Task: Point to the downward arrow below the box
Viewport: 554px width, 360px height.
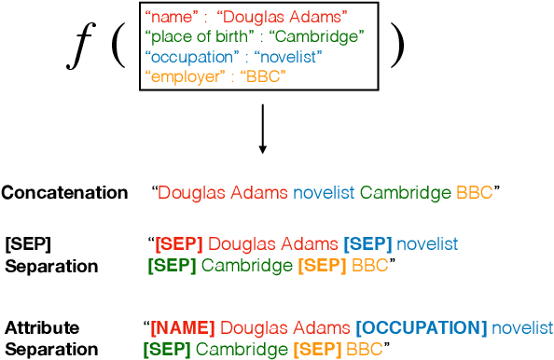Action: pyautogui.click(x=262, y=131)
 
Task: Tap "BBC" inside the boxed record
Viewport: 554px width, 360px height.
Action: pyautogui.click(x=264, y=76)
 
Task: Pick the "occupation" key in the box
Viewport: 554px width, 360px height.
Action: pyautogui.click(x=187, y=57)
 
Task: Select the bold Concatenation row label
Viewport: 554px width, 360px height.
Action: pyautogui.click(x=64, y=193)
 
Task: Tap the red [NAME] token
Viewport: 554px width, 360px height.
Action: pyautogui.click(x=183, y=328)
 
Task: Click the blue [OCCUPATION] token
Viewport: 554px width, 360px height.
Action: pyautogui.click(x=421, y=328)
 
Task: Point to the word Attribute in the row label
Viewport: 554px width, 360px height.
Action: pyautogui.click(x=42, y=328)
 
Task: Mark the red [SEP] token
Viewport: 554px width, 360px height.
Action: pyautogui.click(x=179, y=244)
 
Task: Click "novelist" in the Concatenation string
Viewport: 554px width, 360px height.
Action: pyautogui.click(x=324, y=193)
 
